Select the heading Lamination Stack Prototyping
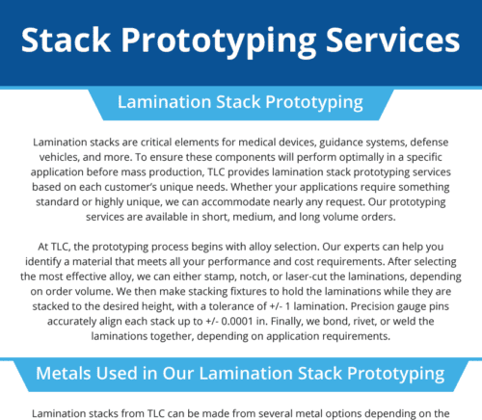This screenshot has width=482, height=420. coord(239,101)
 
